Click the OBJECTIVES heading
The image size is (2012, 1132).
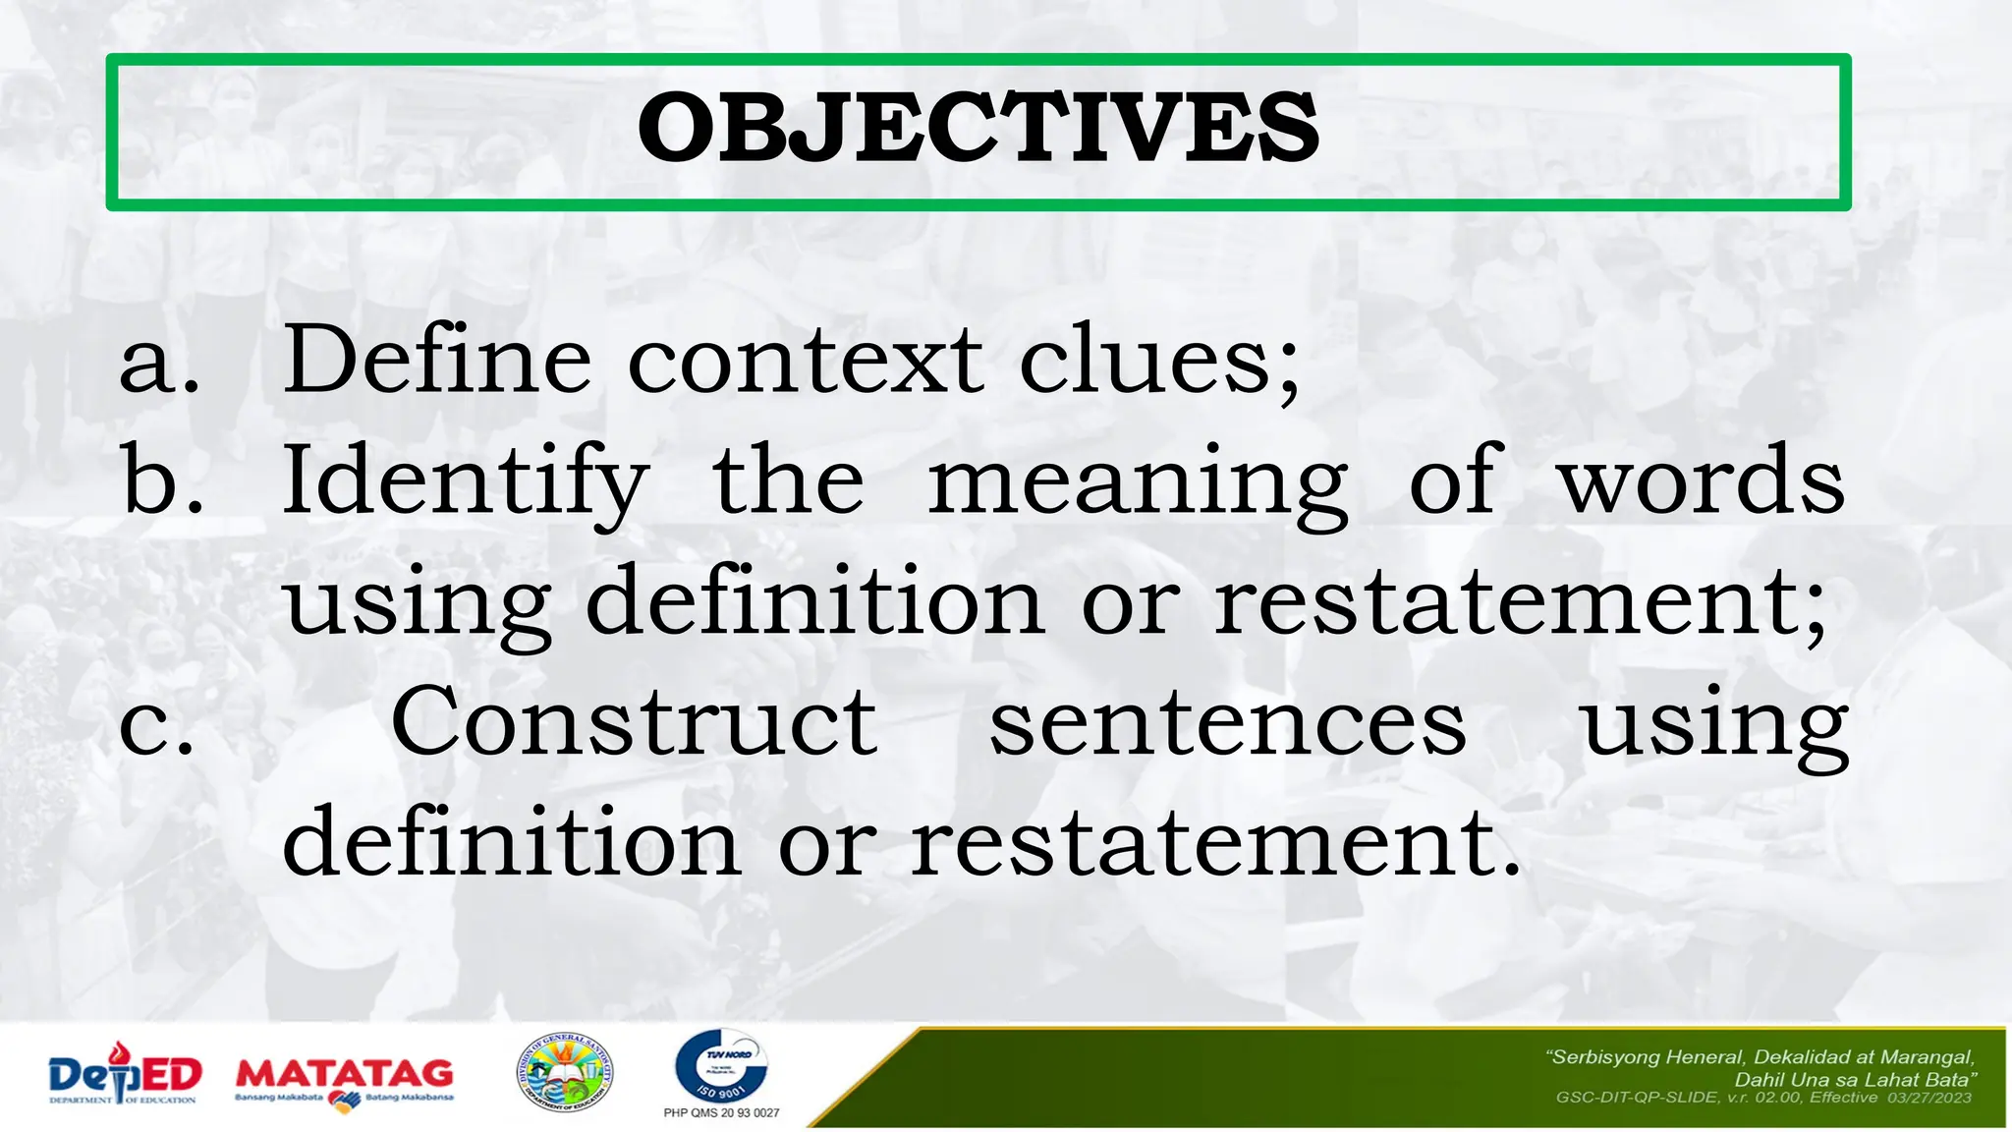(x=978, y=129)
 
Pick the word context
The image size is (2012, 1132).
(x=805, y=361)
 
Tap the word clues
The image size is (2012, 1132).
(x=1159, y=361)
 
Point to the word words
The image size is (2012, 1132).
(x=1703, y=481)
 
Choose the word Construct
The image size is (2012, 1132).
(x=634, y=722)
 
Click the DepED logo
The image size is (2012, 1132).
(x=124, y=1075)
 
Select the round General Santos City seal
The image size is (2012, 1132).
(x=565, y=1074)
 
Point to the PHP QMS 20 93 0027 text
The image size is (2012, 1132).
(x=721, y=1113)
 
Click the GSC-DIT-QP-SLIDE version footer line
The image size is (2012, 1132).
(x=1763, y=1098)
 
